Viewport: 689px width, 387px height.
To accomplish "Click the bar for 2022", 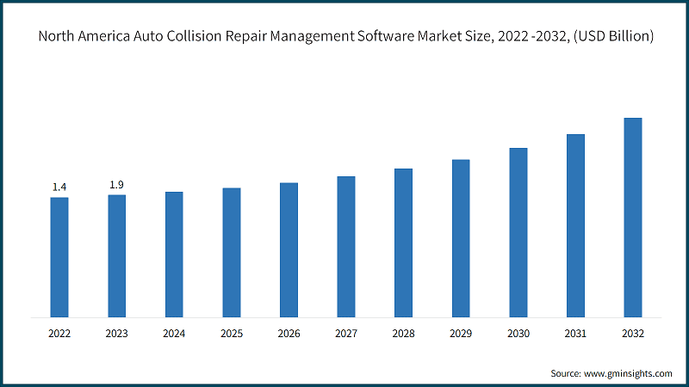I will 59,256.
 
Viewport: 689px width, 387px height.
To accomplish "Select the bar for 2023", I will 116,255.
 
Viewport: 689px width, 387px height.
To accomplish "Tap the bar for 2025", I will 232,251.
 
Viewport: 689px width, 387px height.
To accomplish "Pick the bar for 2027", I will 346,246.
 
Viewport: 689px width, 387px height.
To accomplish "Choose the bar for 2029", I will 461,237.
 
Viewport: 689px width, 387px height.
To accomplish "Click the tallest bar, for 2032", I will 633,217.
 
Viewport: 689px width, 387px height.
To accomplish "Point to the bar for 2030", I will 518,231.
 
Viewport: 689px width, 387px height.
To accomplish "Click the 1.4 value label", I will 59,187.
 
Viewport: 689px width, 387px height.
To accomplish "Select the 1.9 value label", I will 116,185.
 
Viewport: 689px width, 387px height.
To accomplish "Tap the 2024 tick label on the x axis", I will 174,332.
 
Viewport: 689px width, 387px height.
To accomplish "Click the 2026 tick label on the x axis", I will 289,332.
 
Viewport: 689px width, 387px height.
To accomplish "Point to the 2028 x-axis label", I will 403,332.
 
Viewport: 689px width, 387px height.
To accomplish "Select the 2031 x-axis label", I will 575,332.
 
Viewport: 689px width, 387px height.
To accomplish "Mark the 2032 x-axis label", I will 633,332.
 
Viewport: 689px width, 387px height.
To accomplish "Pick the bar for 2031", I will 575,224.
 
